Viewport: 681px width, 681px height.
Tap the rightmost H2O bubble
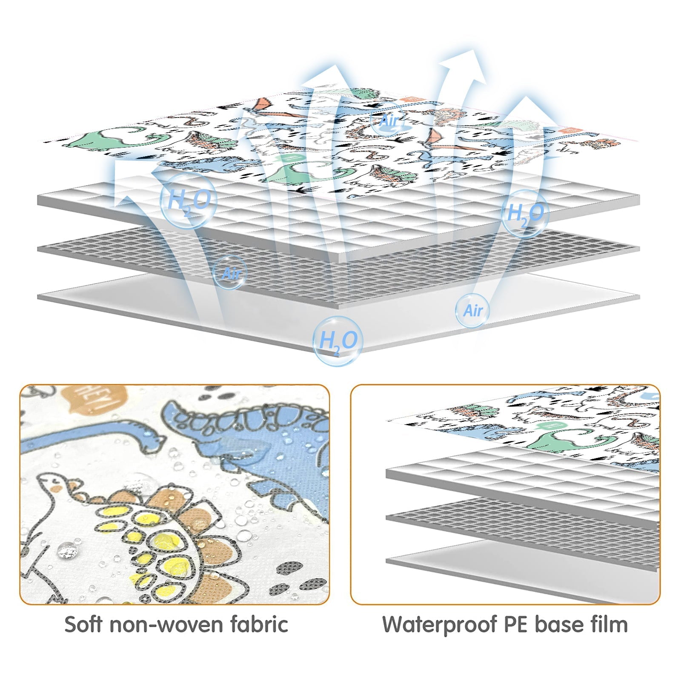(525, 213)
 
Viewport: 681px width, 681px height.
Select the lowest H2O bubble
(338, 341)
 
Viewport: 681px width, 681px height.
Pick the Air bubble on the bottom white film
(472, 310)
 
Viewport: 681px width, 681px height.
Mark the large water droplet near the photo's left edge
(68, 550)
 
